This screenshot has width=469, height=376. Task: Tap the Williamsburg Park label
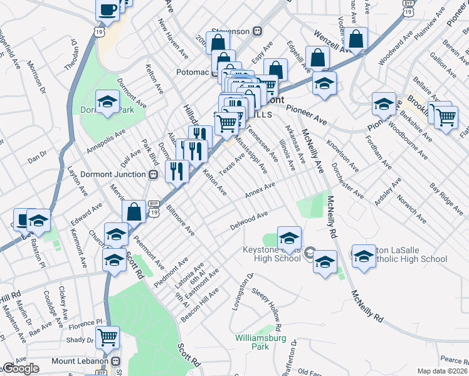point(260,342)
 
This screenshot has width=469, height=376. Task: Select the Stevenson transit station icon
point(257,31)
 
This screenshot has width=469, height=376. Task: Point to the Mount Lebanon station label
point(80,361)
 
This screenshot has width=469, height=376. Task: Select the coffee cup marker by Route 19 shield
point(107,9)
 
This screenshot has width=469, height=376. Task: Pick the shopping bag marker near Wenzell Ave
point(356,39)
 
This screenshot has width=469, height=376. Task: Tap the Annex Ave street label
point(260,190)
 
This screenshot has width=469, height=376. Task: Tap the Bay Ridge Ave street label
point(446,199)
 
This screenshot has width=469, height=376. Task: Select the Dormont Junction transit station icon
point(152,175)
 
